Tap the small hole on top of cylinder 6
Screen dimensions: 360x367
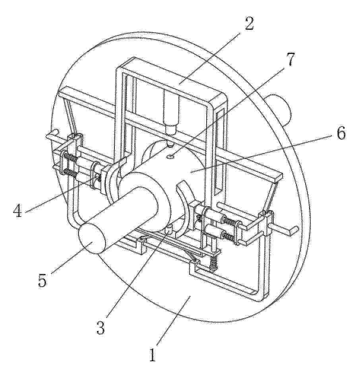pyautogui.click(x=172, y=155)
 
